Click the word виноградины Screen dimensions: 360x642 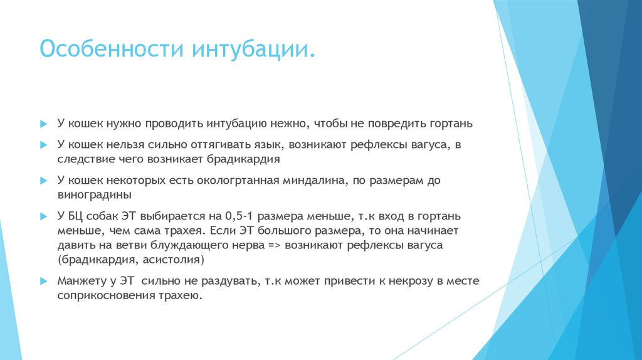pyautogui.click(x=90, y=194)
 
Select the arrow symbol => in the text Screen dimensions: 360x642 pyautogui.click(x=273, y=245)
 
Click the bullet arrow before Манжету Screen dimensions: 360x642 pyautogui.click(x=43, y=281)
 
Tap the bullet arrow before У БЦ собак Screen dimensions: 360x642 pyautogui.click(x=43, y=216)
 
